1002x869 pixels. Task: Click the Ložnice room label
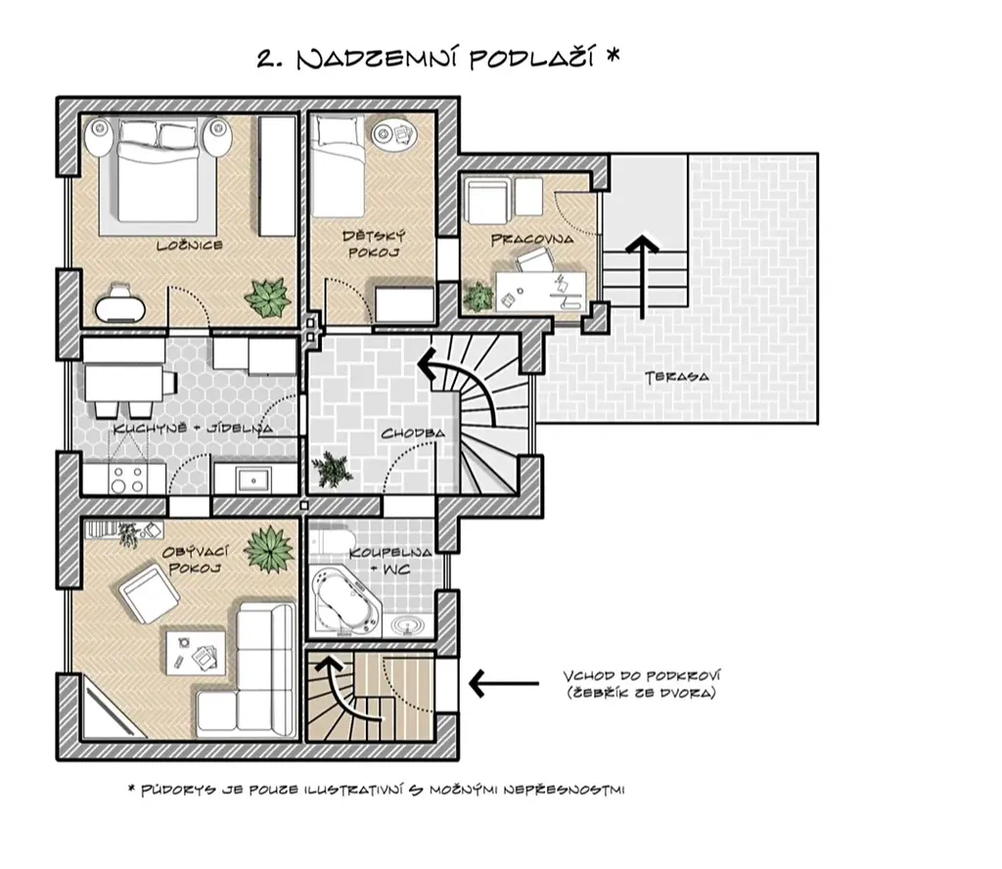(190, 246)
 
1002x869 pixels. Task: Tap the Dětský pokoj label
(374, 244)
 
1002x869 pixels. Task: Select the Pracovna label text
(532, 240)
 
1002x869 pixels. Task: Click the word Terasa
(677, 377)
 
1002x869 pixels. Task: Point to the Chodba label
(413, 434)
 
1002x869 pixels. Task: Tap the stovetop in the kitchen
(128, 480)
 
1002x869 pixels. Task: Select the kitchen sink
(253, 480)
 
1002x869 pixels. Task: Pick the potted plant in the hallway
(331, 469)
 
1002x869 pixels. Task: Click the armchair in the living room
(150, 594)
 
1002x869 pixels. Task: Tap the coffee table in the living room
(196, 653)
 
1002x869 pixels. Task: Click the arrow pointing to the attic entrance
(504, 683)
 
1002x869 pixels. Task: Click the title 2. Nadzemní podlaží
(438, 59)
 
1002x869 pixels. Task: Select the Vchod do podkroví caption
(642, 684)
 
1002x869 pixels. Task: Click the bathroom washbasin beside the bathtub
(408, 625)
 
